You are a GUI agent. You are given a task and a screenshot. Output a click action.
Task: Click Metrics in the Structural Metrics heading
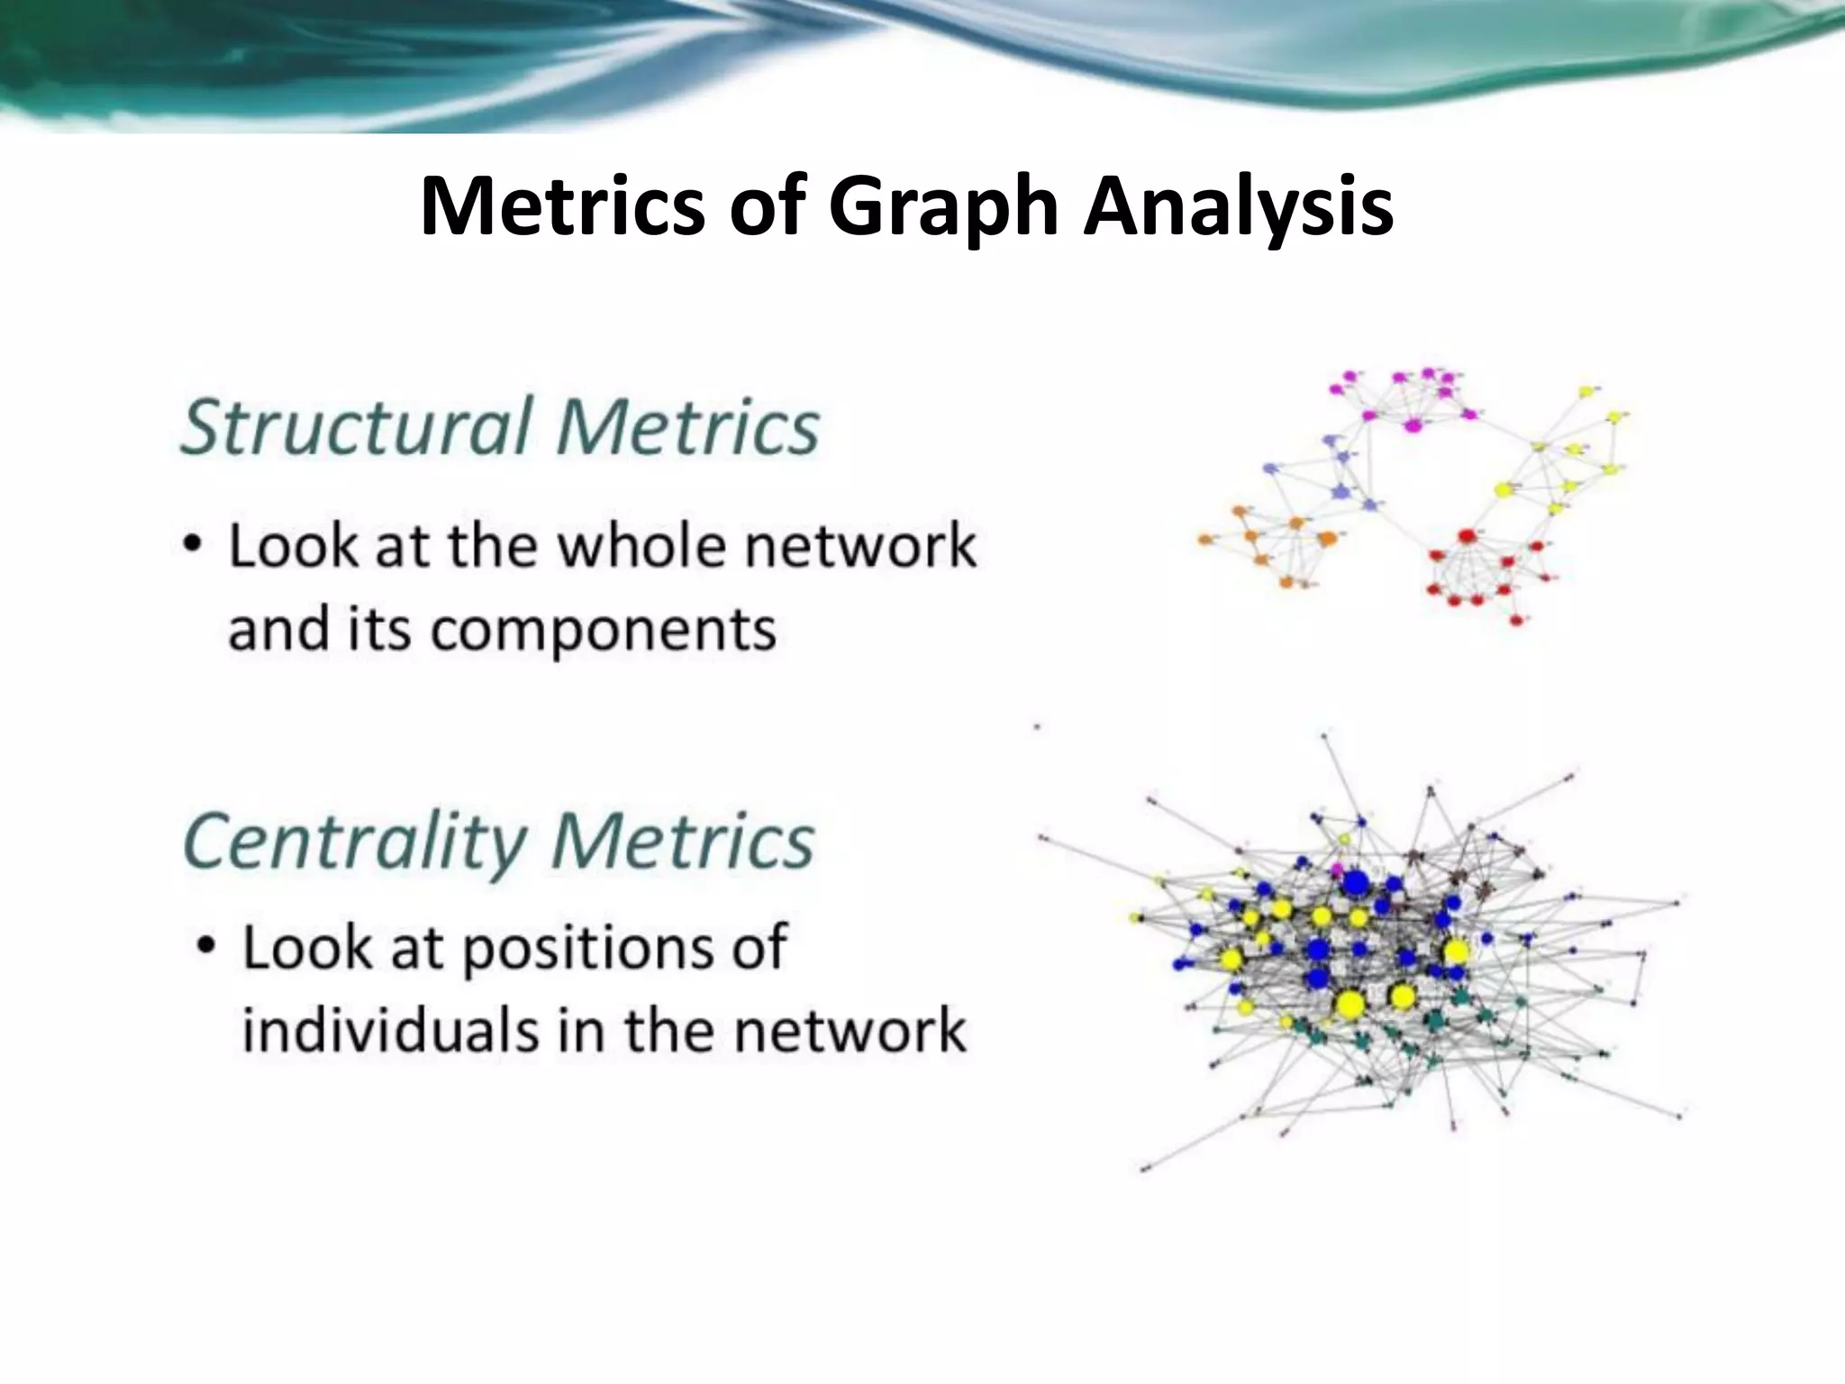click(687, 427)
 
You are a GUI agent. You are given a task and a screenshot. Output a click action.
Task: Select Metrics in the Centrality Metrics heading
click(682, 842)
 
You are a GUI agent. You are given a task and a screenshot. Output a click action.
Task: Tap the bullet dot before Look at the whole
click(192, 546)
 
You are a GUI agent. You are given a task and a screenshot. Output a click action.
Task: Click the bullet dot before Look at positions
click(206, 947)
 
